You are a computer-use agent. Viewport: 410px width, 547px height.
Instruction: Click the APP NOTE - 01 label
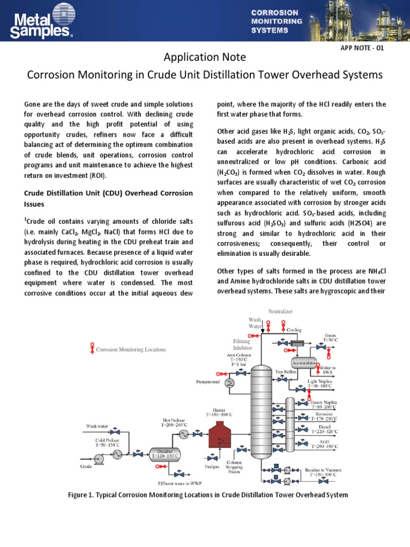point(362,48)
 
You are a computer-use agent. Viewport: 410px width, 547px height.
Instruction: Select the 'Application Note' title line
point(204,57)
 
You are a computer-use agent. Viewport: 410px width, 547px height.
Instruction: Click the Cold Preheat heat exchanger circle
point(116,454)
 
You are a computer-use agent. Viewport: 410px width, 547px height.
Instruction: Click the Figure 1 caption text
point(208,495)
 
